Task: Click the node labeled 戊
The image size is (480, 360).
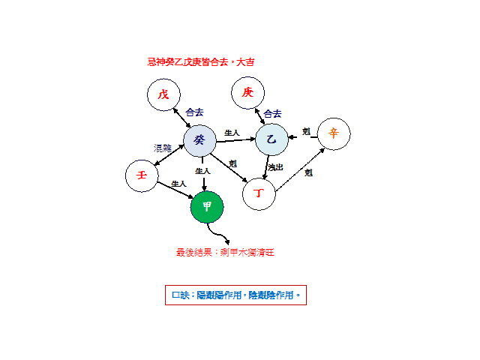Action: (163, 95)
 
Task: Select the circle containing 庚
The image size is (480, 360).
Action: (248, 93)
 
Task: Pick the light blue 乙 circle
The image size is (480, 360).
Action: (271, 139)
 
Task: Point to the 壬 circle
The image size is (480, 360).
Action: (141, 175)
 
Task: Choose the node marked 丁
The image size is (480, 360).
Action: (259, 193)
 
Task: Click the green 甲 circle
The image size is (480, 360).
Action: (207, 207)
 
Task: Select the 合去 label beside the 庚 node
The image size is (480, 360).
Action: (272, 114)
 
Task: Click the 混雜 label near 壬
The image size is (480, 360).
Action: (163, 148)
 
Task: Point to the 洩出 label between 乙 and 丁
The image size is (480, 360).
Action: (275, 167)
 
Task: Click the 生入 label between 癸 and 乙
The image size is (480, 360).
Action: (232, 133)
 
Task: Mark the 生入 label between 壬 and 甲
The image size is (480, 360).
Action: (178, 184)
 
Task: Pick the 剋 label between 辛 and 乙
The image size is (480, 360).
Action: (306, 131)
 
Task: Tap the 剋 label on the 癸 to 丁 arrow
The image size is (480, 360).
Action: (232, 163)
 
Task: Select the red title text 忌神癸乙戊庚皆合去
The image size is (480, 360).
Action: (201, 62)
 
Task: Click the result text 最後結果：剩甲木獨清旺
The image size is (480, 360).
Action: (225, 253)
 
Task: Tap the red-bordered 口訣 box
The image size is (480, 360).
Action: (235, 295)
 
